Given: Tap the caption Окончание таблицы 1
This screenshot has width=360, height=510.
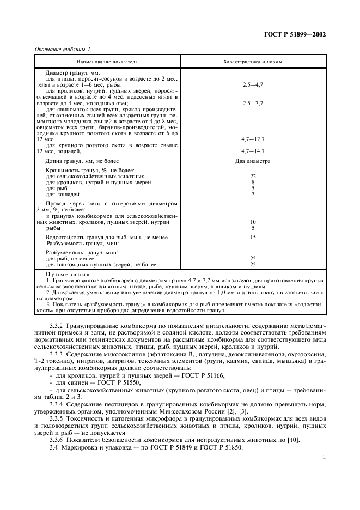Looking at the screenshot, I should click(x=63, y=49).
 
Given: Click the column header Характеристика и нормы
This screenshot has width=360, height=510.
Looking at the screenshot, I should click(x=253, y=62).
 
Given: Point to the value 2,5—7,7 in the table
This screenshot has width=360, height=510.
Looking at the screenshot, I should click(x=253, y=102).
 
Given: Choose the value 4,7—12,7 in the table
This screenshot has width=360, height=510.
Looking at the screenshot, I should click(x=253, y=139).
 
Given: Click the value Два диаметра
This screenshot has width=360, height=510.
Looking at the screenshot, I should click(x=253, y=161).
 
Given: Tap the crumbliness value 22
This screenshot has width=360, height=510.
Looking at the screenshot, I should click(x=253, y=177).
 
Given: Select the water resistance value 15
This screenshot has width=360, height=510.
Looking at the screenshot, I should click(x=253, y=238).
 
